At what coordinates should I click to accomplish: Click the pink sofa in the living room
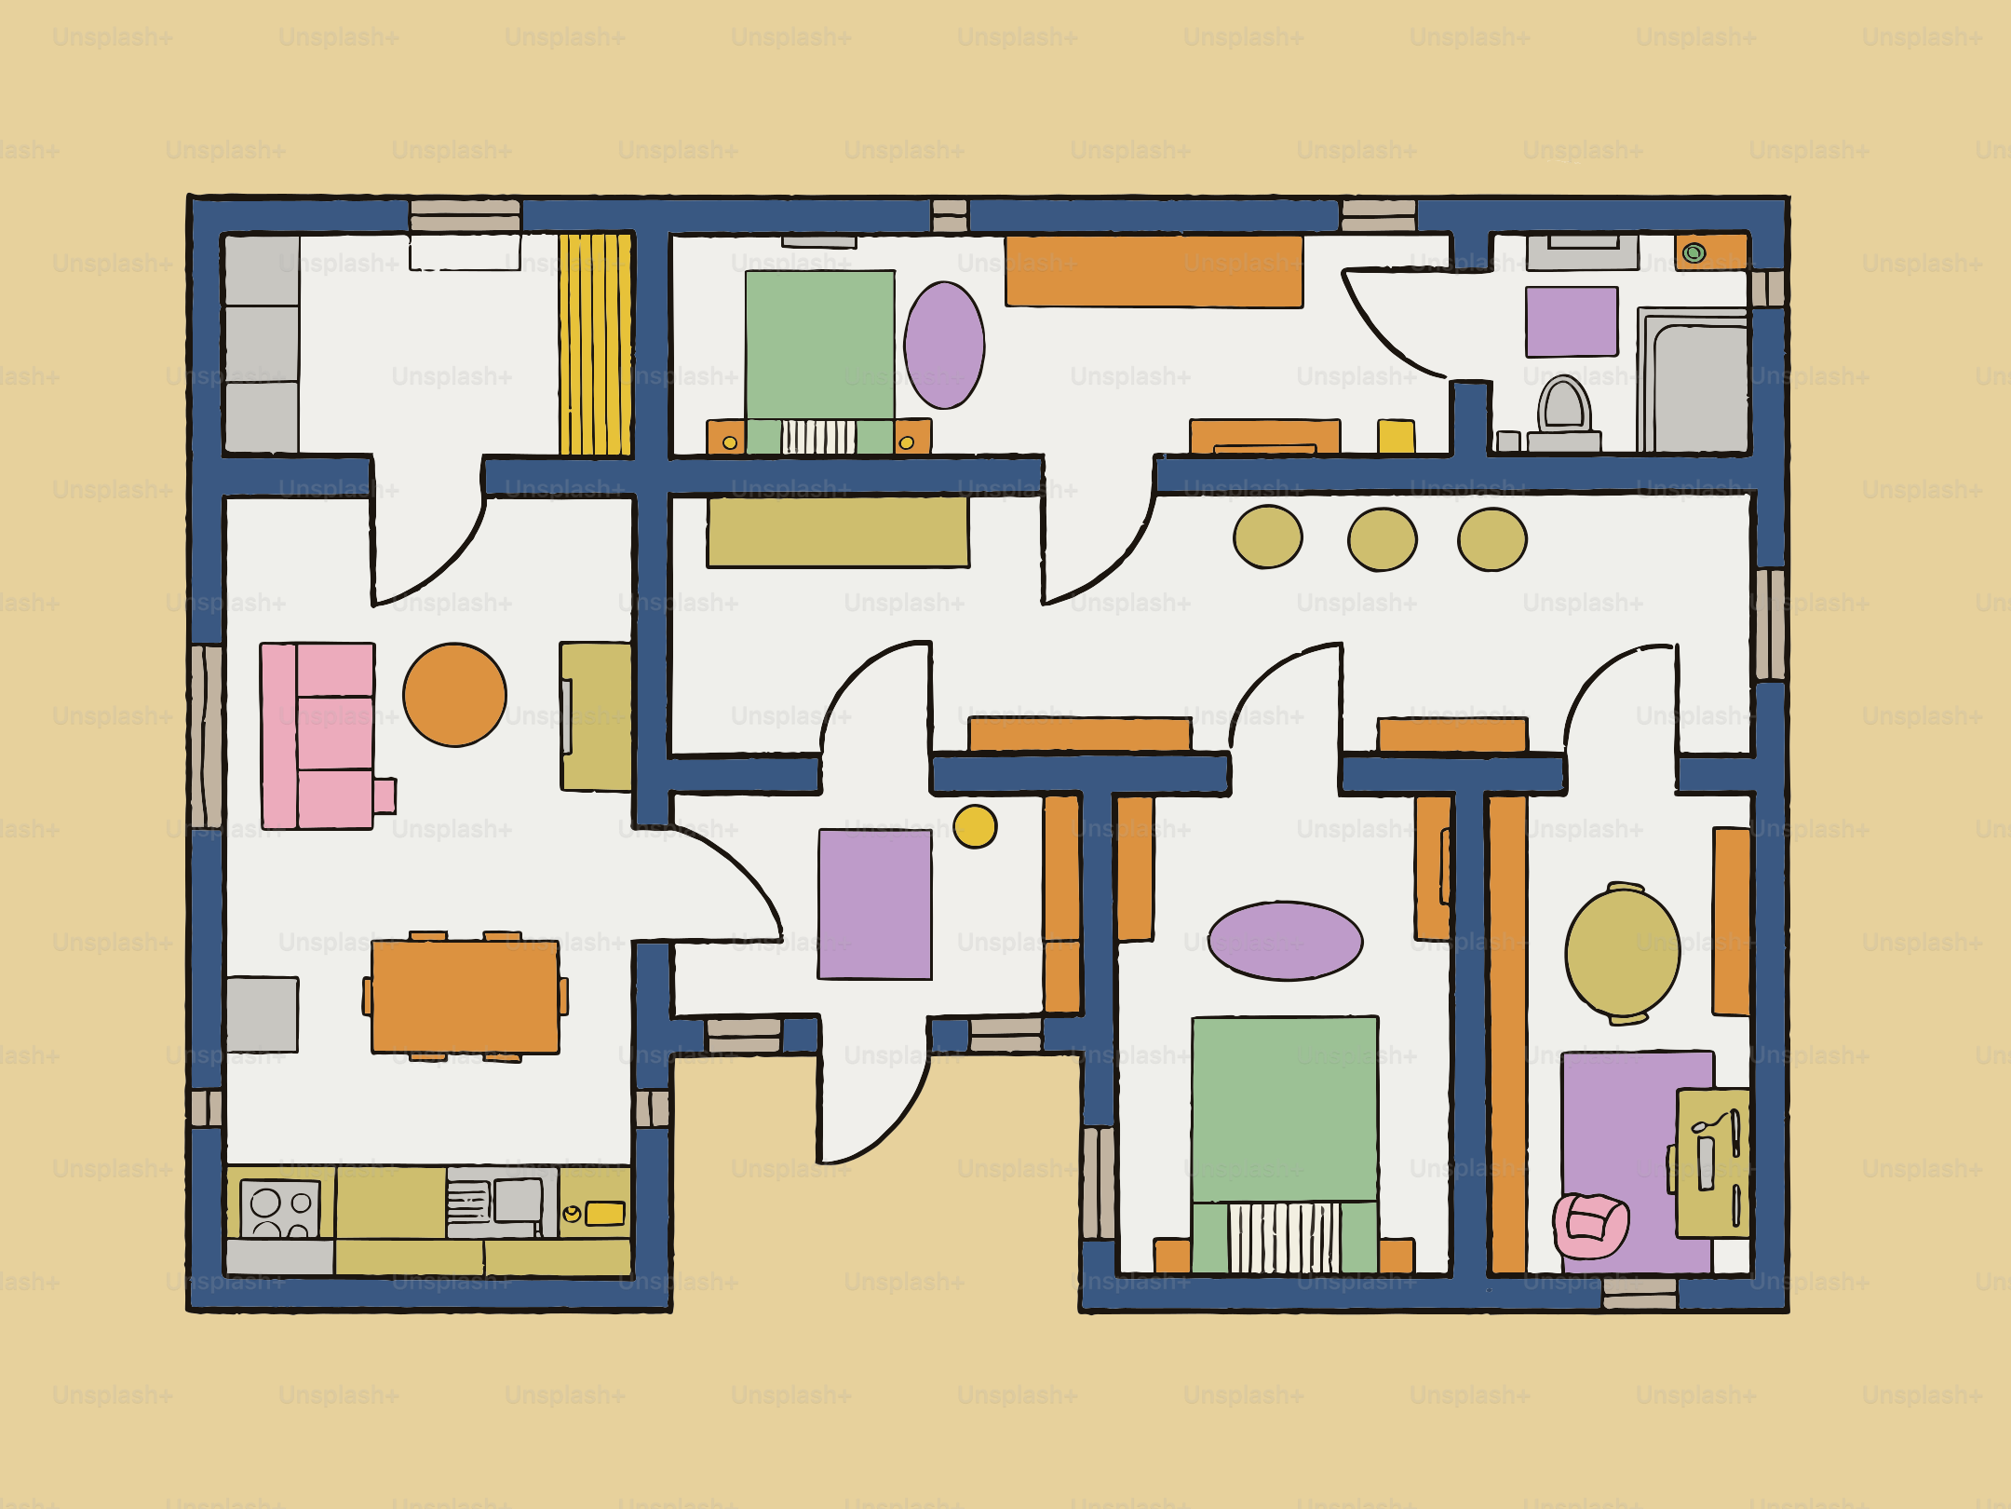[318, 736]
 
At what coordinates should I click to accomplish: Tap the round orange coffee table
[454, 695]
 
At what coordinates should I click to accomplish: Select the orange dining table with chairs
[466, 997]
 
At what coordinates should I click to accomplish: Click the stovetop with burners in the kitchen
[279, 1209]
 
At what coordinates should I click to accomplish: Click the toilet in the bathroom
[1564, 410]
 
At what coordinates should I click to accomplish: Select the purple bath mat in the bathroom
[1572, 322]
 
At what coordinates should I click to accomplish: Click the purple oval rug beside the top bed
[944, 346]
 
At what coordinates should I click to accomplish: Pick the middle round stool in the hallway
[1383, 539]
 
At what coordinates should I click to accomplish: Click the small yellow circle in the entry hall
[975, 826]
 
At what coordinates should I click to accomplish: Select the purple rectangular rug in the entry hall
[874, 904]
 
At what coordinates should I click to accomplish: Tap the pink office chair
[1590, 1225]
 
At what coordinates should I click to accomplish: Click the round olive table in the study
[1623, 953]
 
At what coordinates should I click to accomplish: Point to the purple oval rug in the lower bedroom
[1285, 941]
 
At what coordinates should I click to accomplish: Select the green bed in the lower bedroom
[1285, 1118]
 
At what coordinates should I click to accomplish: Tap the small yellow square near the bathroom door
[1396, 436]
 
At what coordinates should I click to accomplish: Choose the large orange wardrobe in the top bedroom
[1154, 271]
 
